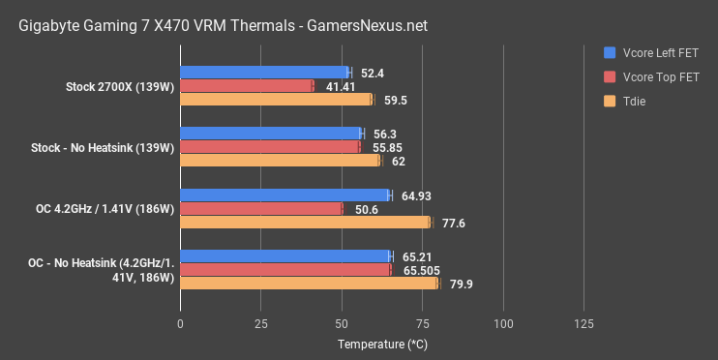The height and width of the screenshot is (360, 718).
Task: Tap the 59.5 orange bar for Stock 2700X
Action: (276, 99)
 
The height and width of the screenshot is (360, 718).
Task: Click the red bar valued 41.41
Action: (247, 85)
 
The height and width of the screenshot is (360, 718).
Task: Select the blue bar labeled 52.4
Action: (264, 72)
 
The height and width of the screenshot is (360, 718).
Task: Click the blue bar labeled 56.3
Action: (271, 134)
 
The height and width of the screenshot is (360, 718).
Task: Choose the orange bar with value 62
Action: (280, 161)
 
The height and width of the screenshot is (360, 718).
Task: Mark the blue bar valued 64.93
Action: (284, 195)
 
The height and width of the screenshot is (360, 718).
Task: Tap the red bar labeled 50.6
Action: (261, 209)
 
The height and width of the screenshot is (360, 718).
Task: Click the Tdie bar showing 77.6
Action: (305, 223)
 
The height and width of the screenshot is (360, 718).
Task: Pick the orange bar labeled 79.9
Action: (309, 284)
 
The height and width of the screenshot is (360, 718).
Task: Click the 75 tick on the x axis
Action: (422, 322)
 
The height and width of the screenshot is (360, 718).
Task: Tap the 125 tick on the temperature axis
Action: (583, 322)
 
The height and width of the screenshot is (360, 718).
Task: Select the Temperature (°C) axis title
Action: (381, 344)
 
